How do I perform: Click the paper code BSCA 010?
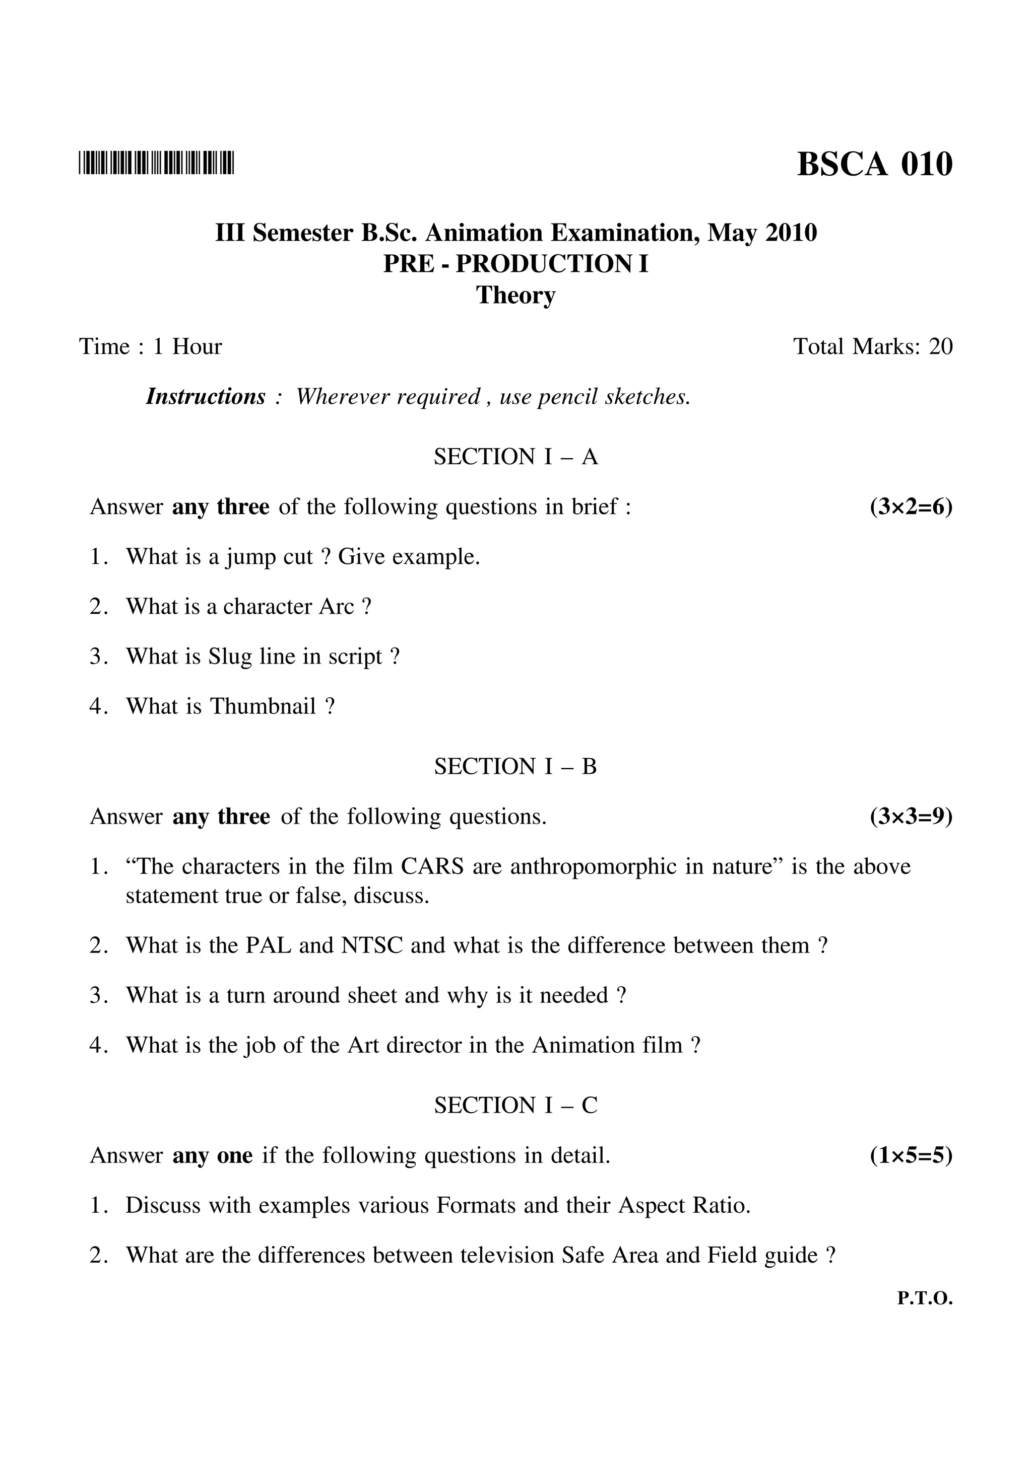coord(874,165)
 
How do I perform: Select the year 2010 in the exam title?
coord(791,233)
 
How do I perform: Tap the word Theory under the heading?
coord(515,296)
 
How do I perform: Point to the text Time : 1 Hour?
coord(150,347)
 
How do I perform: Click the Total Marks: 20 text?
coord(872,347)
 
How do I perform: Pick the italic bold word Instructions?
coord(206,397)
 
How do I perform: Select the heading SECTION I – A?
coord(515,457)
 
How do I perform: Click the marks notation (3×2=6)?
coord(911,507)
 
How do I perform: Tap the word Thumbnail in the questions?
coord(263,706)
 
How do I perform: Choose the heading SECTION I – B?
coord(515,766)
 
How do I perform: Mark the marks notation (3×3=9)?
coord(911,817)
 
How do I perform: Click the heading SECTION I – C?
coord(515,1106)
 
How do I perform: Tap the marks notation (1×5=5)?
coord(911,1156)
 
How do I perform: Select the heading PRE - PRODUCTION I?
coord(515,264)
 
